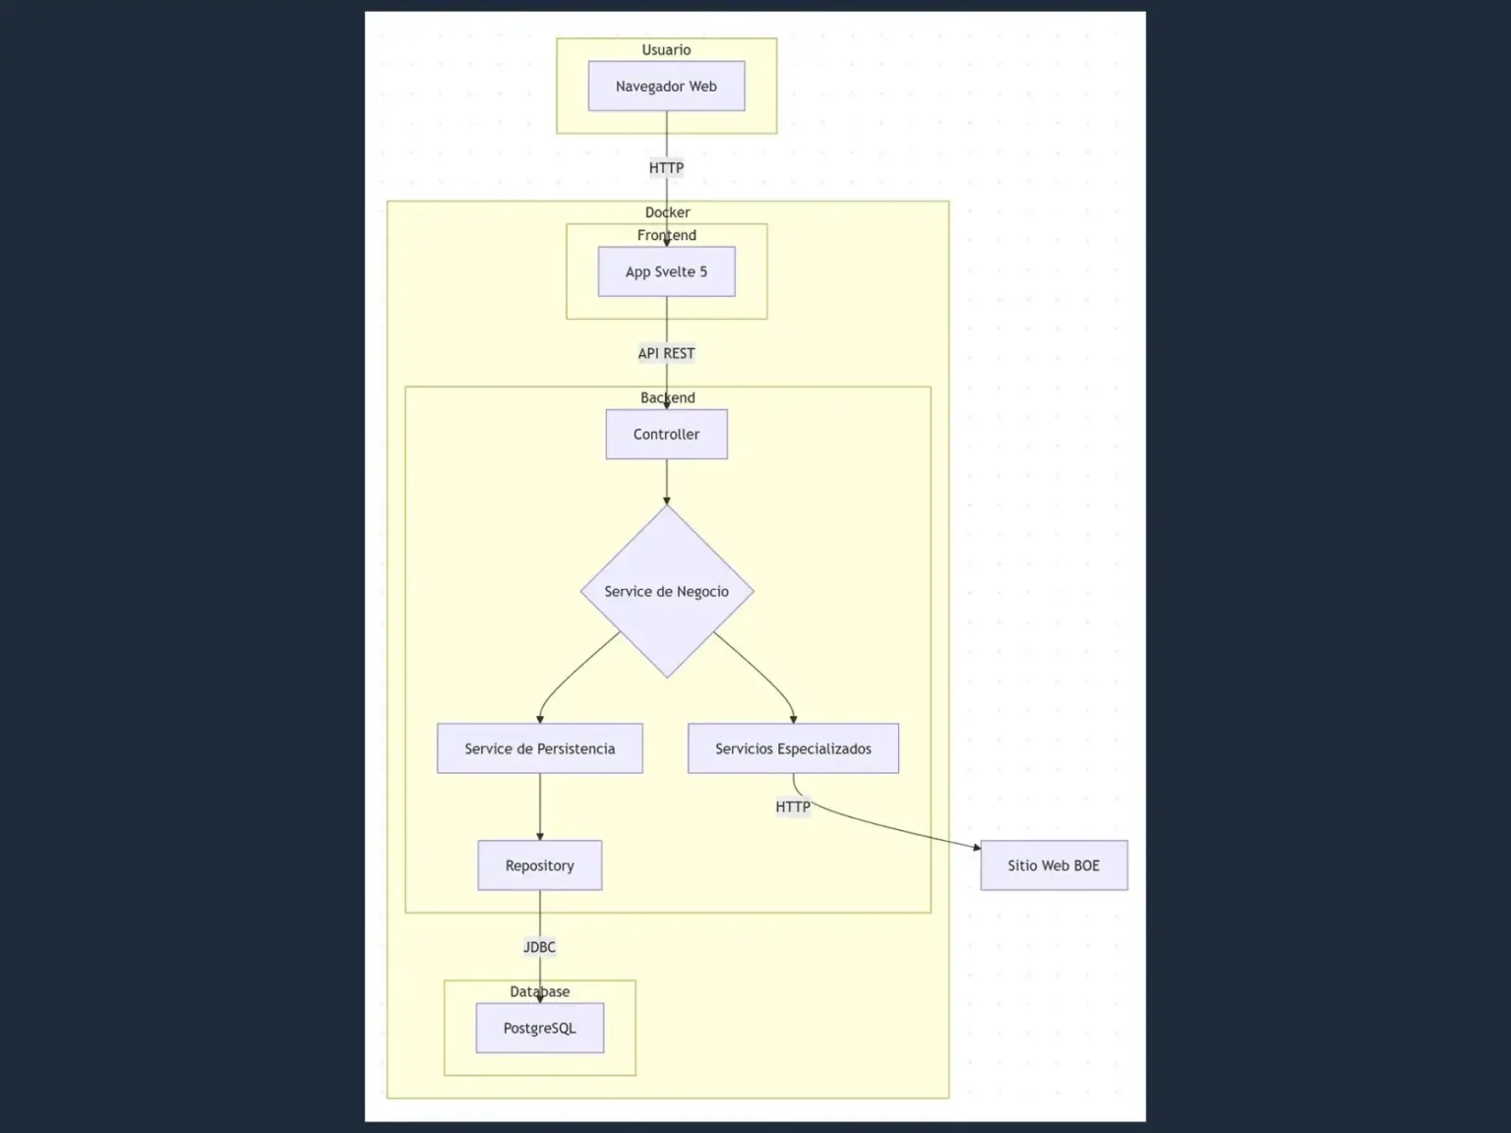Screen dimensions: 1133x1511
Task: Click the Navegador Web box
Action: click(666, 87)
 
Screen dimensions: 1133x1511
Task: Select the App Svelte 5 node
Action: click(666, 271)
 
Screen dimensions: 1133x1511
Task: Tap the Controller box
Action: click(666, 434)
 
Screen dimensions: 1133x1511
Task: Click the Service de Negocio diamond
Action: click(666, 591)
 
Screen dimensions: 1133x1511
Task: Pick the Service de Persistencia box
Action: click(539, 748)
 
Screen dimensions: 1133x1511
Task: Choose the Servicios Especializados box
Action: click(793, 748)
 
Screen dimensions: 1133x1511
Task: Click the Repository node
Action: click(539, 865)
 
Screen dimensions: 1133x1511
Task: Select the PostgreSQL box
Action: click(539, 1028)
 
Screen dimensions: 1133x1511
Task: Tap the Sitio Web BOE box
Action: click(1054, 865)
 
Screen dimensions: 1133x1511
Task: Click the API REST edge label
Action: click(666, 353)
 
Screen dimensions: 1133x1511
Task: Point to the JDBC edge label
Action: click(539, 947)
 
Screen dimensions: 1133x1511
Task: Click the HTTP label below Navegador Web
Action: click(666, 168)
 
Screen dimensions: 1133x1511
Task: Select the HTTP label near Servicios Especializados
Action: click(793, 807)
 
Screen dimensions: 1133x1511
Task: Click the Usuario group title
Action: click(666, 50)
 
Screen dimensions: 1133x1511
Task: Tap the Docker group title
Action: click(667, 212)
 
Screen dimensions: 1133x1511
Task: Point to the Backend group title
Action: click(667, 397)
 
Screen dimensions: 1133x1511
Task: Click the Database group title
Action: click(539, 991)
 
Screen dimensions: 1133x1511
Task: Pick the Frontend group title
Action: click(666, 235)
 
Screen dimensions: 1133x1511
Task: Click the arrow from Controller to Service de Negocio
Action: click(666, 482)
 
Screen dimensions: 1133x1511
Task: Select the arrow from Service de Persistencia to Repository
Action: click(539, 806)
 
